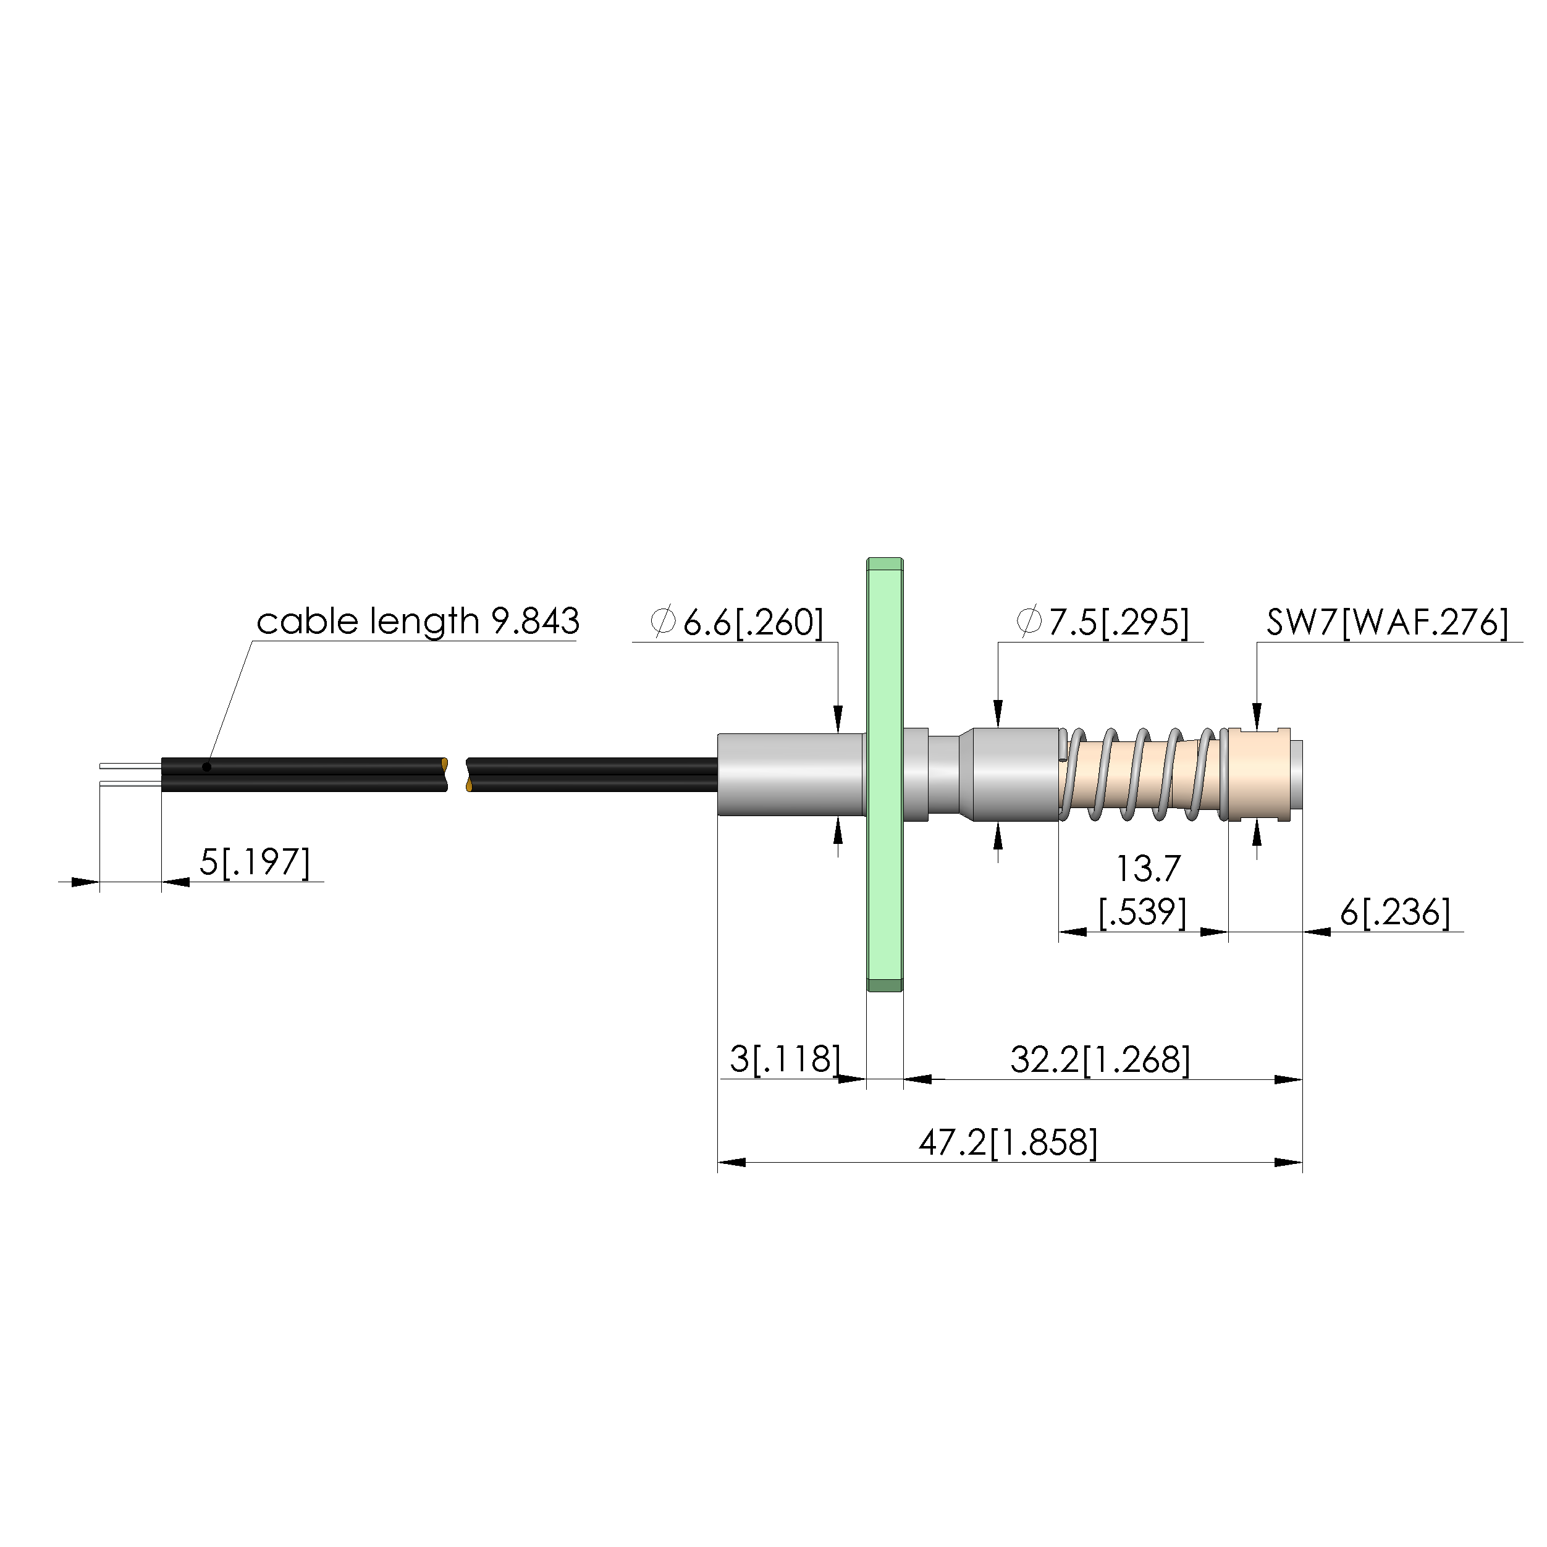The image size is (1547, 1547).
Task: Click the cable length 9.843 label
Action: pos(417,622)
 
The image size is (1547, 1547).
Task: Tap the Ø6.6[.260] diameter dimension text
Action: pos(736,622)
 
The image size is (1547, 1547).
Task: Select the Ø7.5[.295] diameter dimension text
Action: pos(1103,622)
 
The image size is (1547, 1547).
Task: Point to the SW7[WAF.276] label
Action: pos(1388,622)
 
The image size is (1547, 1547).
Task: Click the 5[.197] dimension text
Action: pos(255,862)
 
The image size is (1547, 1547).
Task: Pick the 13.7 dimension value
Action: pos(1149,869)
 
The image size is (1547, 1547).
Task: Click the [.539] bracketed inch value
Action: pos(1142,912)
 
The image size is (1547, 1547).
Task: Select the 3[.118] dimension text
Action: pos(785,1060)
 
